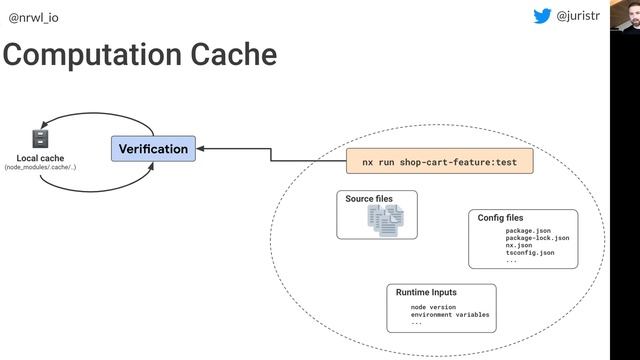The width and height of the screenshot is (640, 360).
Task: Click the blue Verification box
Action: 153,149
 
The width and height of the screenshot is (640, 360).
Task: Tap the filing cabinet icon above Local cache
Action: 40,139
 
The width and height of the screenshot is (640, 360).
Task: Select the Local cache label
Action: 40,158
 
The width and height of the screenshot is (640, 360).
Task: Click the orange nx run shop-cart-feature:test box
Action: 440,161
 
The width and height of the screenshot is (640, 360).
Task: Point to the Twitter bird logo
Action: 542,16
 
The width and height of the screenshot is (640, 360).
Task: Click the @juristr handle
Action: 578,16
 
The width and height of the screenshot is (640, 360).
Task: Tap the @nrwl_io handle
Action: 33,18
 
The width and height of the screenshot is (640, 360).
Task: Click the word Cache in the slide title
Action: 234,54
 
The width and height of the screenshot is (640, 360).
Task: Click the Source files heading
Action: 369,199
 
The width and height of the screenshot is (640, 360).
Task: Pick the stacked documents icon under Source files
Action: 386,220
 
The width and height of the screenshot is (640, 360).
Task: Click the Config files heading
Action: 500,218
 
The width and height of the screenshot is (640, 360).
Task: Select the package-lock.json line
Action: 537,238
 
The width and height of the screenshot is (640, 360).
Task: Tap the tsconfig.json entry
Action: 530,253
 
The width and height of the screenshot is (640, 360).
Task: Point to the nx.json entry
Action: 519,245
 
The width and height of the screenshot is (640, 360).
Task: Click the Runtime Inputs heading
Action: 426,292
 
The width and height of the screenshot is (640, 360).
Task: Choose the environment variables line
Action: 450,315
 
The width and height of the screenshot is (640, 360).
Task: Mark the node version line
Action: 433,307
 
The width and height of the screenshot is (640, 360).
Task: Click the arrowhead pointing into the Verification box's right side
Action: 200,149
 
